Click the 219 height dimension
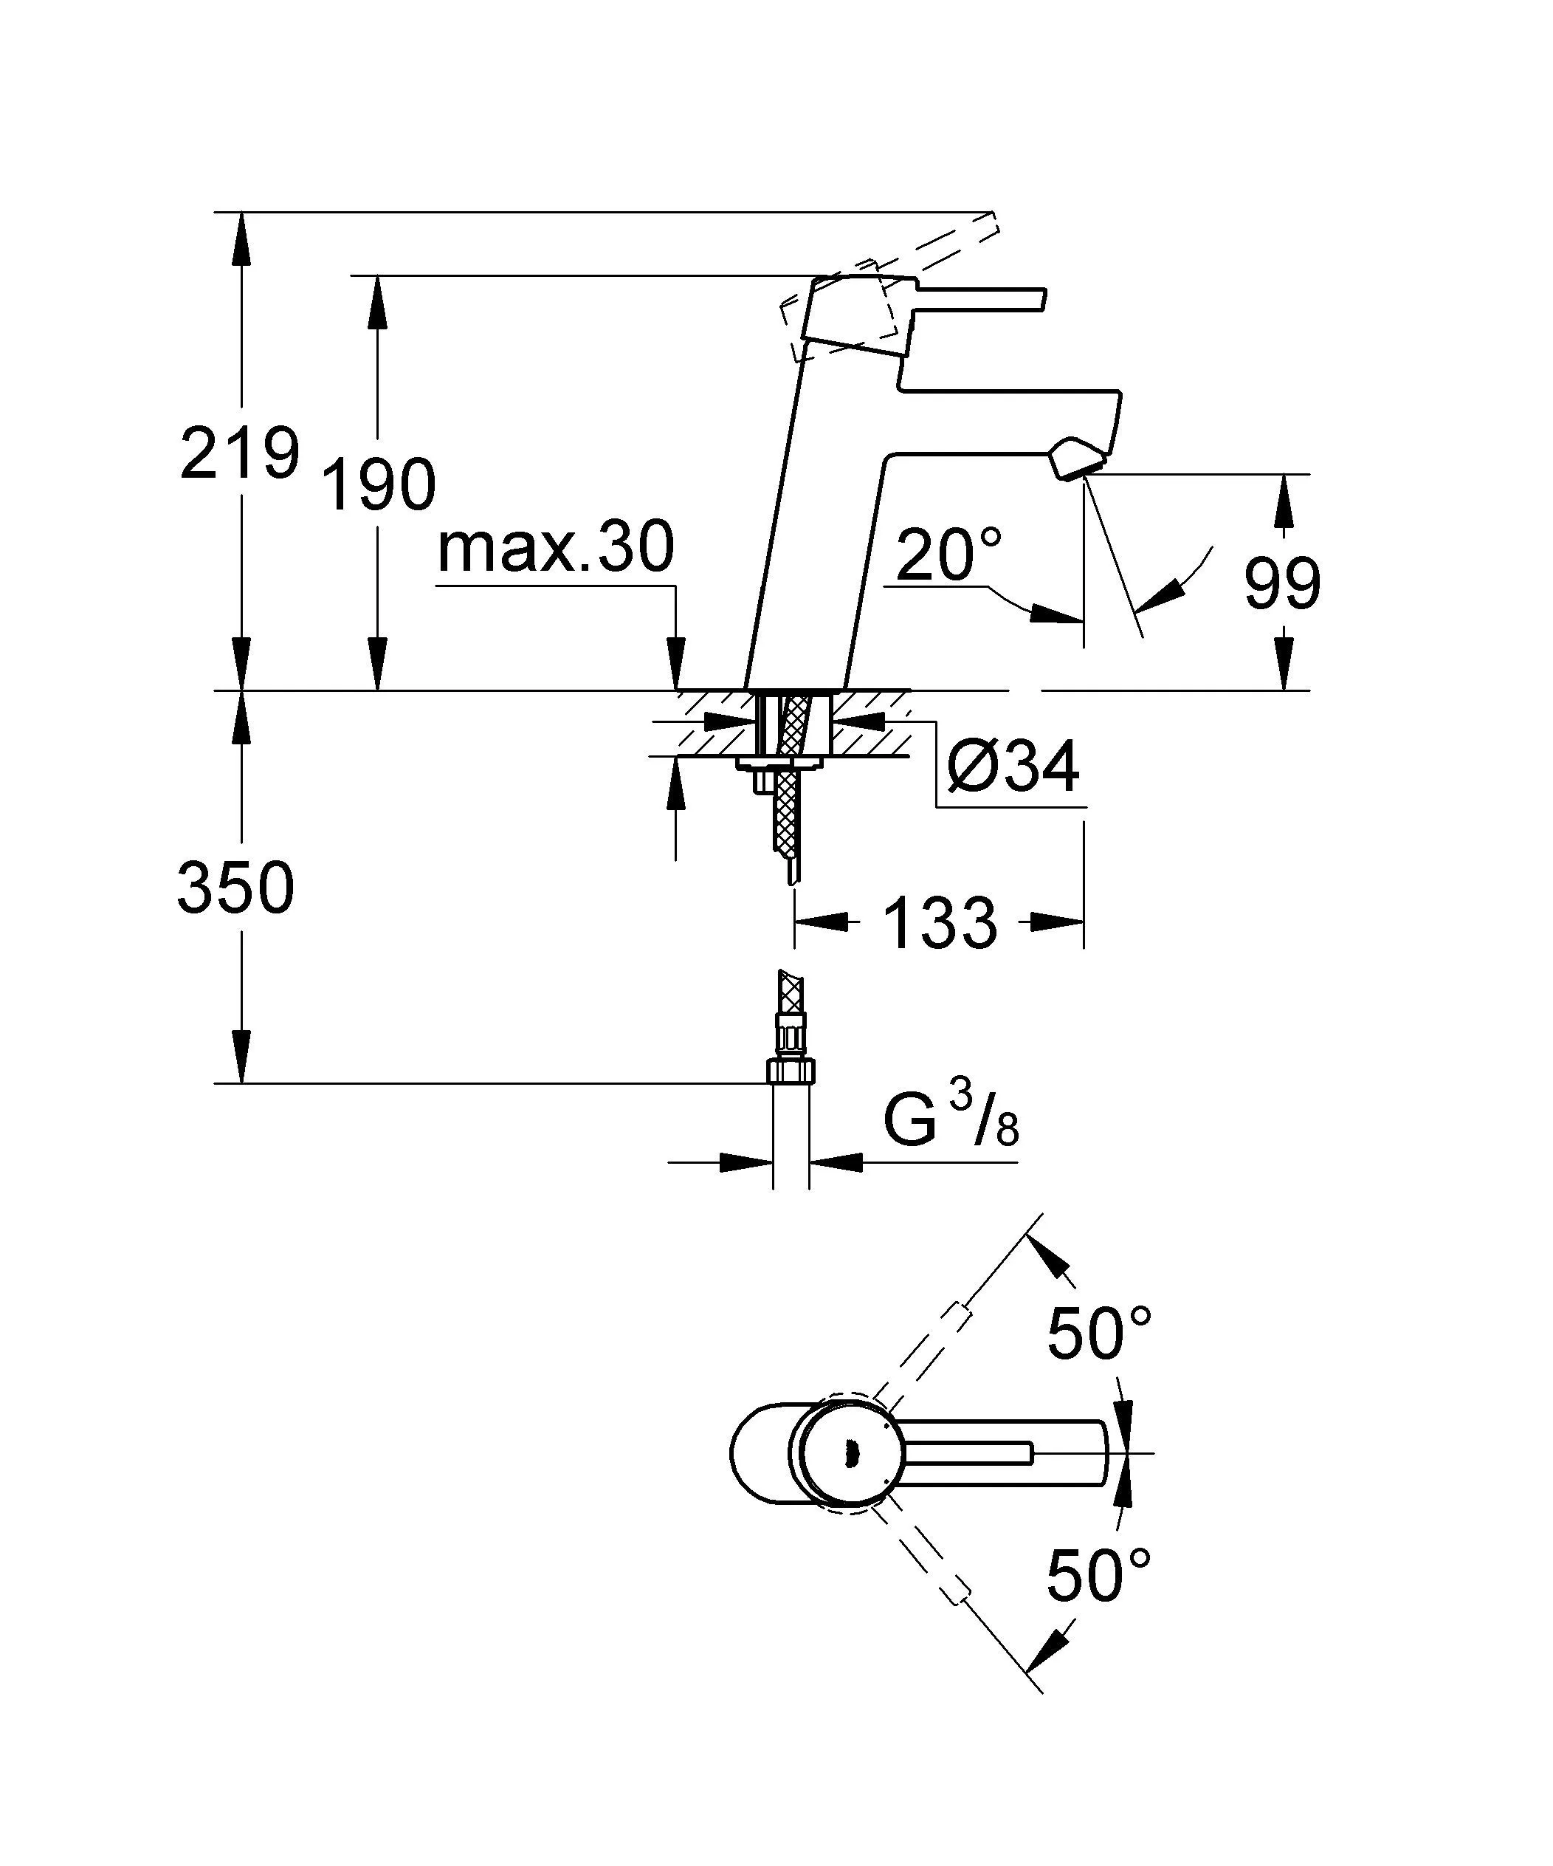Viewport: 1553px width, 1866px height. (x=238, y=453)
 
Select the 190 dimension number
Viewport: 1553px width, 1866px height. (x=378, y=485)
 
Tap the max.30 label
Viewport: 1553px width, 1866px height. (x=555, y=547)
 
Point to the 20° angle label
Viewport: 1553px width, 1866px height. (x=947, y=554)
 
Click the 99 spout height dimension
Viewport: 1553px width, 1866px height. (x=1281, y=585)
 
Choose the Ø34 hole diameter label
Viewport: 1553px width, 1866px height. (x=1013, y=766)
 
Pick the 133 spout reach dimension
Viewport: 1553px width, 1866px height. (x=940, y=922)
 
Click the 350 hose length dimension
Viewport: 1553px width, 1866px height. (x=235, y=888)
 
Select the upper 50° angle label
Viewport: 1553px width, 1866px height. (x=1098, y=1334)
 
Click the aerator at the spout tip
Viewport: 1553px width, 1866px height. (x=1078, y=459)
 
